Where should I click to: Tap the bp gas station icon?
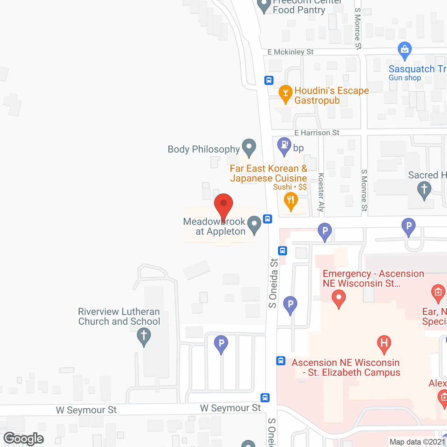(284, 146)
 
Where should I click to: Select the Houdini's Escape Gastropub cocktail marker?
(285, 94)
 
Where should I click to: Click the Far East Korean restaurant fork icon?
(291, 201)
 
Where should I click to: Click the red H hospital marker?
(384, 343)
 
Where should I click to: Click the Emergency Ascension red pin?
(338, 298)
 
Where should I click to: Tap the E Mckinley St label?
(291, 52)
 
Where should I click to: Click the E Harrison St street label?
(317, 133)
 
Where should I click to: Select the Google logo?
(24, 439)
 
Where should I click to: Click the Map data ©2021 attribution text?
(417, 442)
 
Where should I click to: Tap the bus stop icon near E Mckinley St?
(269, 80)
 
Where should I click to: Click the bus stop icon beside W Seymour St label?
(265, 397)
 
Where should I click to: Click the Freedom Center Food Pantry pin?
(264, 5)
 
